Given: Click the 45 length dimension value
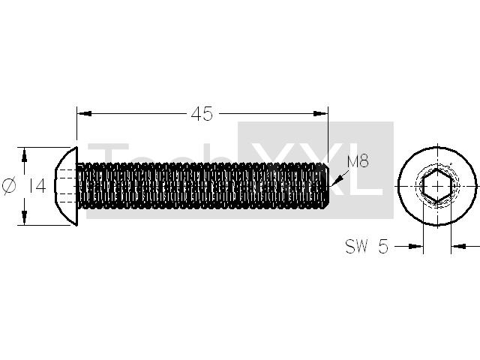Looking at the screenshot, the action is [202, 114].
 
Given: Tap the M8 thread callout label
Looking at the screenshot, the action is [358, 161].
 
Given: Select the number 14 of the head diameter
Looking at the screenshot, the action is [37, 186].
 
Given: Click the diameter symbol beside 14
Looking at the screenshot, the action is [9, 186].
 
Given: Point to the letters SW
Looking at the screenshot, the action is [356, 246].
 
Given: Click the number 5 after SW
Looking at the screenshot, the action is [383, 246].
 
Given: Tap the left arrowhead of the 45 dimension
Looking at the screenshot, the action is [84, 113].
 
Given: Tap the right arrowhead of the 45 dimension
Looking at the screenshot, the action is [320, 113].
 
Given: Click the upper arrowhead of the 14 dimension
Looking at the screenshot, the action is [25, 154].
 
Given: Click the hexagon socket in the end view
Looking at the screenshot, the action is [437, 186].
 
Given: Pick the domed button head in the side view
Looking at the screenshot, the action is [66, 186].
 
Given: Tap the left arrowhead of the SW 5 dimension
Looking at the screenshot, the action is [415, 246].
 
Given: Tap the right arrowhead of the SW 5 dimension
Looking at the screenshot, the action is [458, 246].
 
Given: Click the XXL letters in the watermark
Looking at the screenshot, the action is [316, 170].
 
